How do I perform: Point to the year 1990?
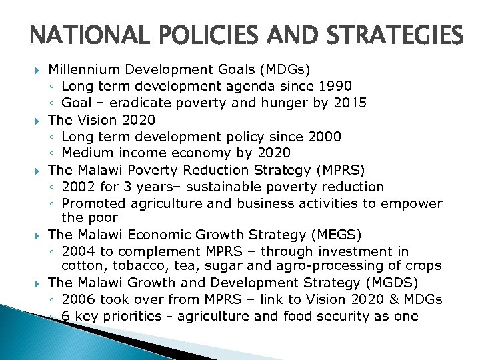point(333,85)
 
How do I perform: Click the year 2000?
point(324,137)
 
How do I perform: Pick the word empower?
point(413,203)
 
